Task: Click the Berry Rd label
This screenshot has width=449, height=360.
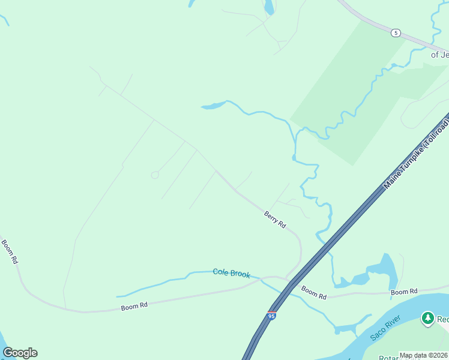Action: (275, 219)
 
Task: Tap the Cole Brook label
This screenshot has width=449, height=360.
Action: (231, 273)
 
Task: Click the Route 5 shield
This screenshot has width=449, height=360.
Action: (396, 33)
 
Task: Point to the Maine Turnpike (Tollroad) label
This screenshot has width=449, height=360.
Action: (416, 155)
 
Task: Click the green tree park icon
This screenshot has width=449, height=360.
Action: (427, 318)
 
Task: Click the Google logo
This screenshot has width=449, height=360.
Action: (20, 353)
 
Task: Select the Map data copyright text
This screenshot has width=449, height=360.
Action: (423, 355)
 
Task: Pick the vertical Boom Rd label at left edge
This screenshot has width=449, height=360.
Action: (10, 253)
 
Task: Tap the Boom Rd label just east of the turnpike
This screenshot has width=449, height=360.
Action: (313, 293)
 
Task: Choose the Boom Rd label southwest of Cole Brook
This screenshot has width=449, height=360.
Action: (134, 306)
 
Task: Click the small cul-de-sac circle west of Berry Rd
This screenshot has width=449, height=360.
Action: (154, 175)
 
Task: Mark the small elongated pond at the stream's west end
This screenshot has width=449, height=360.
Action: (212, 106)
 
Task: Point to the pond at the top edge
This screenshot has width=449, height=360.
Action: (269, 7)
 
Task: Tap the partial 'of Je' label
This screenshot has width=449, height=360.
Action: (439, 55)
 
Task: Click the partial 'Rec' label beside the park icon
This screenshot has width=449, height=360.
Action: (442, 319)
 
